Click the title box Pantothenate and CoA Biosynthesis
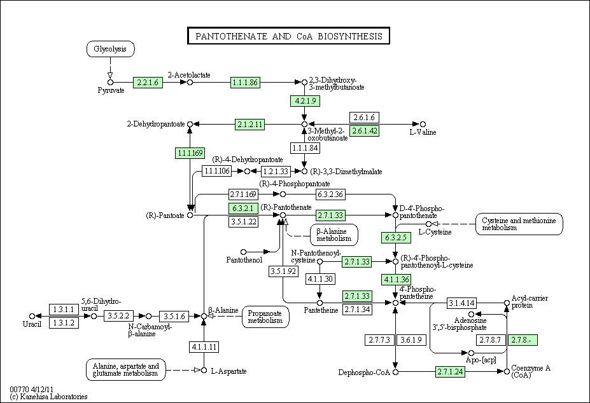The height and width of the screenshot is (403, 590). point(288,36)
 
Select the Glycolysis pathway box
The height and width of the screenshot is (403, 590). point(110,49)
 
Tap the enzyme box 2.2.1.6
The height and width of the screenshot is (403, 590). point(148,83)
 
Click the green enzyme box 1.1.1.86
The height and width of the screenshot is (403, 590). point(245,83)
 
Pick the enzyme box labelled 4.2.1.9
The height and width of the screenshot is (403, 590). point(305,101)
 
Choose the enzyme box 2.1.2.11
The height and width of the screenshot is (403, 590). point(250,125)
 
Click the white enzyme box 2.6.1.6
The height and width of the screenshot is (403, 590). point(364,118)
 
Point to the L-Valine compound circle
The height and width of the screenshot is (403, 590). point(423,124)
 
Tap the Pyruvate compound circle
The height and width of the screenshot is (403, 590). point(110,83)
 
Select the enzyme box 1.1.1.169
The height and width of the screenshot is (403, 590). point(190,153)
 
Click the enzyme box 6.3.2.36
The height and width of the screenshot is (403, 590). point(330,195)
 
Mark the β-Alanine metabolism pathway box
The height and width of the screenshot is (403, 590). point(334,235)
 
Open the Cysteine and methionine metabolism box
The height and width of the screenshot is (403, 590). point(519,224)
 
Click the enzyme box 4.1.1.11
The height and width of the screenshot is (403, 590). point(204,346)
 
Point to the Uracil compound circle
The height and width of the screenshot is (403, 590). point(32,316)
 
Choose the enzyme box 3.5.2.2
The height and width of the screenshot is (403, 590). point(118,316)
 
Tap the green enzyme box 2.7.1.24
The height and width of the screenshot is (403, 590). point(450,372)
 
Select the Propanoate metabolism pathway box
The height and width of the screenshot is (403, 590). point(265,317)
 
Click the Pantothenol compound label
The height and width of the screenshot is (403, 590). point(244,260)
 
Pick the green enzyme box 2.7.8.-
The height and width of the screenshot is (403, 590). point(523,340)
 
